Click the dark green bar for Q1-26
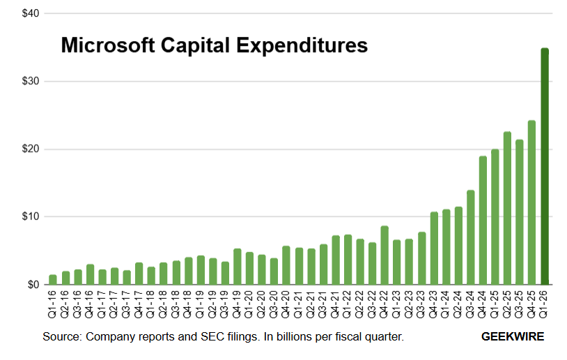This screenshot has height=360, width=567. tap(545, 167)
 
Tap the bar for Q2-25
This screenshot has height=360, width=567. tap(508, 209)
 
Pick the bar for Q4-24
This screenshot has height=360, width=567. tap(483, 221)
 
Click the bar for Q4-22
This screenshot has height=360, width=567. tap(385, 256)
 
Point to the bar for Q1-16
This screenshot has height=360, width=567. tap(53, 280)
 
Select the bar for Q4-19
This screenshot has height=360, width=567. tap(238, 267)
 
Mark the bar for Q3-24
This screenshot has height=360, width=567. tap(471, 238)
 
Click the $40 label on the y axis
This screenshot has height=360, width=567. tap(30, 14)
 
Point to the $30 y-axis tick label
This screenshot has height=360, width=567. tap(30, 81)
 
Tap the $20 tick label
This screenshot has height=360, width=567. tap(30, 149)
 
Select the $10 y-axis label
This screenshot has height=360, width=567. tap(30, 217)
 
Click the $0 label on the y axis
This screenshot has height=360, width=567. tap(33, 285)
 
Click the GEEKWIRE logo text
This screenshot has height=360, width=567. tap(513, 337)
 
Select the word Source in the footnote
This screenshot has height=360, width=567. tap(61, 337)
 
